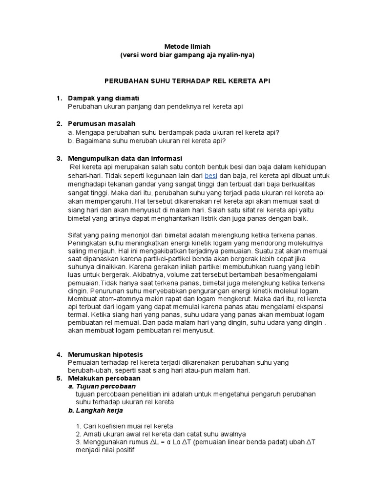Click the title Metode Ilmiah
pyautogui.click(x=187, y=46)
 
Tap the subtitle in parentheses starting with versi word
pyautogui.click(x=187, y=55)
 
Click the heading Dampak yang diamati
pyautogui.click(x=104, y=98)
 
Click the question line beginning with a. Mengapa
pyautogui.click(x=174, y=132)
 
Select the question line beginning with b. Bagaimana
pyautogui.click(x=147, y=141)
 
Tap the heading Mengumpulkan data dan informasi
pyautogui.click(x=125, y=159)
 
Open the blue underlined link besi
pyautogui.click(x=211, y=175)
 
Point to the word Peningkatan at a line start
pyautogui.click(x=86, y=243)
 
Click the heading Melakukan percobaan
pyautogui.click(x=104, y=378)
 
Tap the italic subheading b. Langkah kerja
pyautogui.click(x=95, y=410)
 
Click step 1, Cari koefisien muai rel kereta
pyautogui.click(x=125, y=426)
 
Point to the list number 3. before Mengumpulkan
pyautogui.click(x=60, y=159)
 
